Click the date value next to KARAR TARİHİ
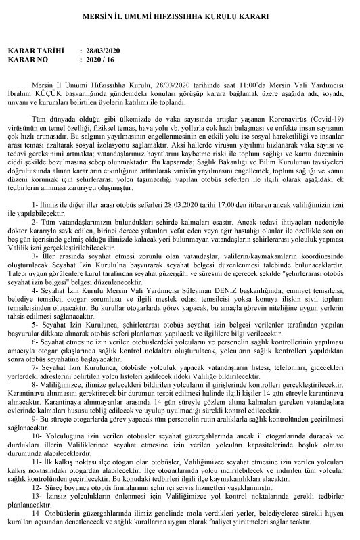point(102,51)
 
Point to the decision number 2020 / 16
point(100,59)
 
